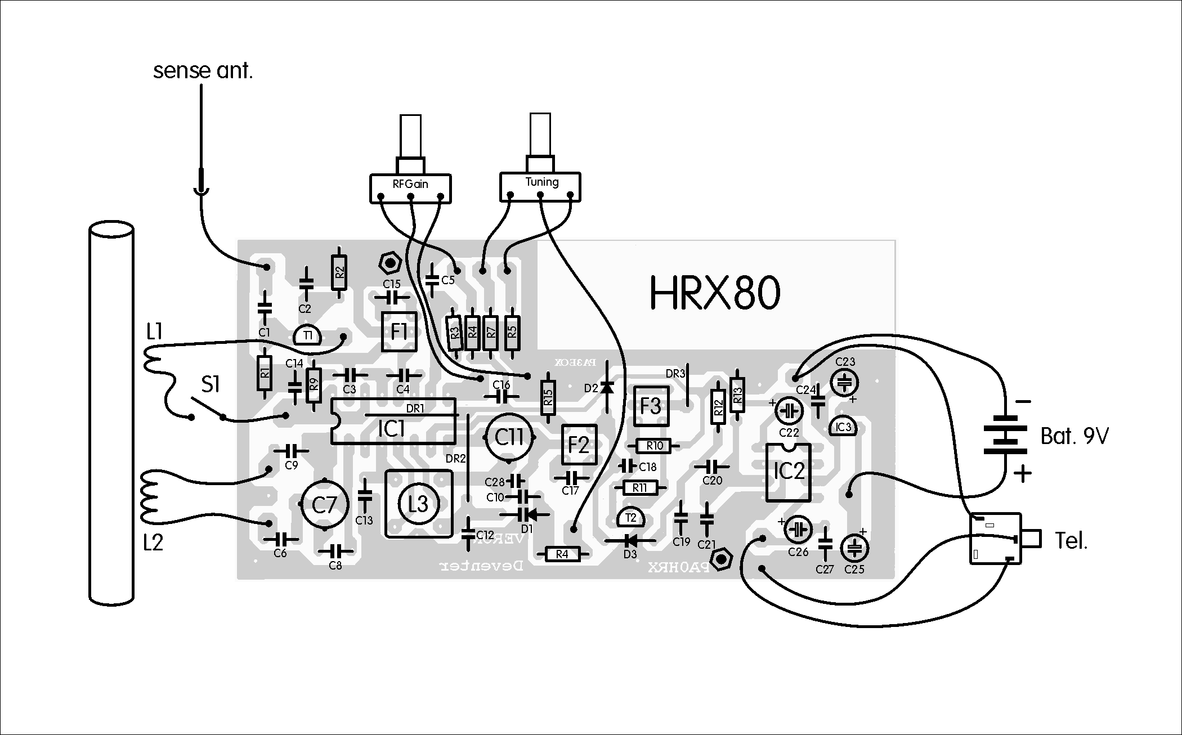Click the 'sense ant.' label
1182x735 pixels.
[203, 71]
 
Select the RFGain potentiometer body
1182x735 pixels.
[410, 188]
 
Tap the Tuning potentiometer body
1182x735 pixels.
[540, 186]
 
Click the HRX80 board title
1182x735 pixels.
[715, 293]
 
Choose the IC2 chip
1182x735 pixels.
[788, 472]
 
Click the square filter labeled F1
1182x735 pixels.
[399, 331]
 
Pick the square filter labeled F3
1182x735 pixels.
[651, 406]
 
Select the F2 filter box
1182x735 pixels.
[579, 445]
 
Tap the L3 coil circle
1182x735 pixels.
[418, 504]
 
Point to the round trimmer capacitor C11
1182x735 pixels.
[509, 437]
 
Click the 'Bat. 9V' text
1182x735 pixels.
[1074, 436]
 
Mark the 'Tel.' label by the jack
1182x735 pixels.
[1071, 541]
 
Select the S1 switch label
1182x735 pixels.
[210, 386]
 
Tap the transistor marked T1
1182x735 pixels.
[307, 336]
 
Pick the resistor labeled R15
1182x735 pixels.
[548, 397]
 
